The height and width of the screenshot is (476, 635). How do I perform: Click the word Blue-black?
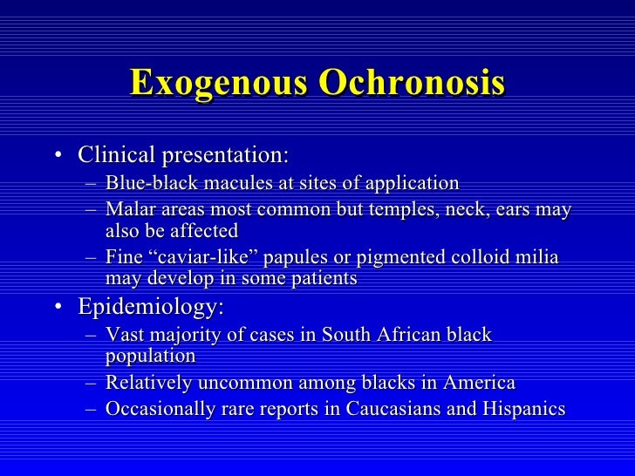(149, 183)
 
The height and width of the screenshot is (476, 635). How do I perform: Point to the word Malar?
(128, 210)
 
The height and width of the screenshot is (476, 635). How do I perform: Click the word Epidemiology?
(151, 308)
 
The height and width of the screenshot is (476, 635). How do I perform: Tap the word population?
(150, 356)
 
